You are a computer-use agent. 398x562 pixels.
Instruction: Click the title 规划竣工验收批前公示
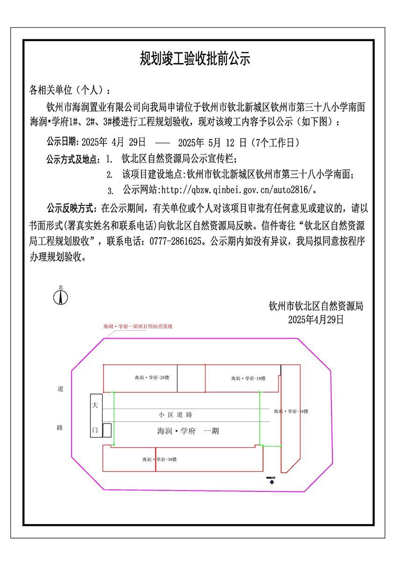coord(195,59)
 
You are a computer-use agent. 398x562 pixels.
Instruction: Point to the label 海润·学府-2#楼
coord(148,377)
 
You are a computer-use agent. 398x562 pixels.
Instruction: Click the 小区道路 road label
coord(176,415)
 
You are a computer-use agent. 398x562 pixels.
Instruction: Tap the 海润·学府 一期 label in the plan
coord(188,431)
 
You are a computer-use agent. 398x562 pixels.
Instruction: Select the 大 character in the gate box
coord(95,403)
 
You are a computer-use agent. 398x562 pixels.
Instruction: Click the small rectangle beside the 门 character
coord(107,430)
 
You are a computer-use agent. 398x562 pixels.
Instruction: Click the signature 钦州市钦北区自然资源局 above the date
coord(316,307)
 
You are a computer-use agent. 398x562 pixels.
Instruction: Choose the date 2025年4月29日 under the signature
coord(316,320)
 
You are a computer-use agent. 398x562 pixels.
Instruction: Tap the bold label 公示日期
coord(63,142)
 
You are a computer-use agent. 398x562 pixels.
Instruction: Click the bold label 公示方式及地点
coord(74,160)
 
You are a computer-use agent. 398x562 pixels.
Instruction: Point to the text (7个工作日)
coord(276,142)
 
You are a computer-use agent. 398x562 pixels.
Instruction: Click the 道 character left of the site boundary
coord(60,389)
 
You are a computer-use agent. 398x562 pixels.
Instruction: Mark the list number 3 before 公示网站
coord(110,191)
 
